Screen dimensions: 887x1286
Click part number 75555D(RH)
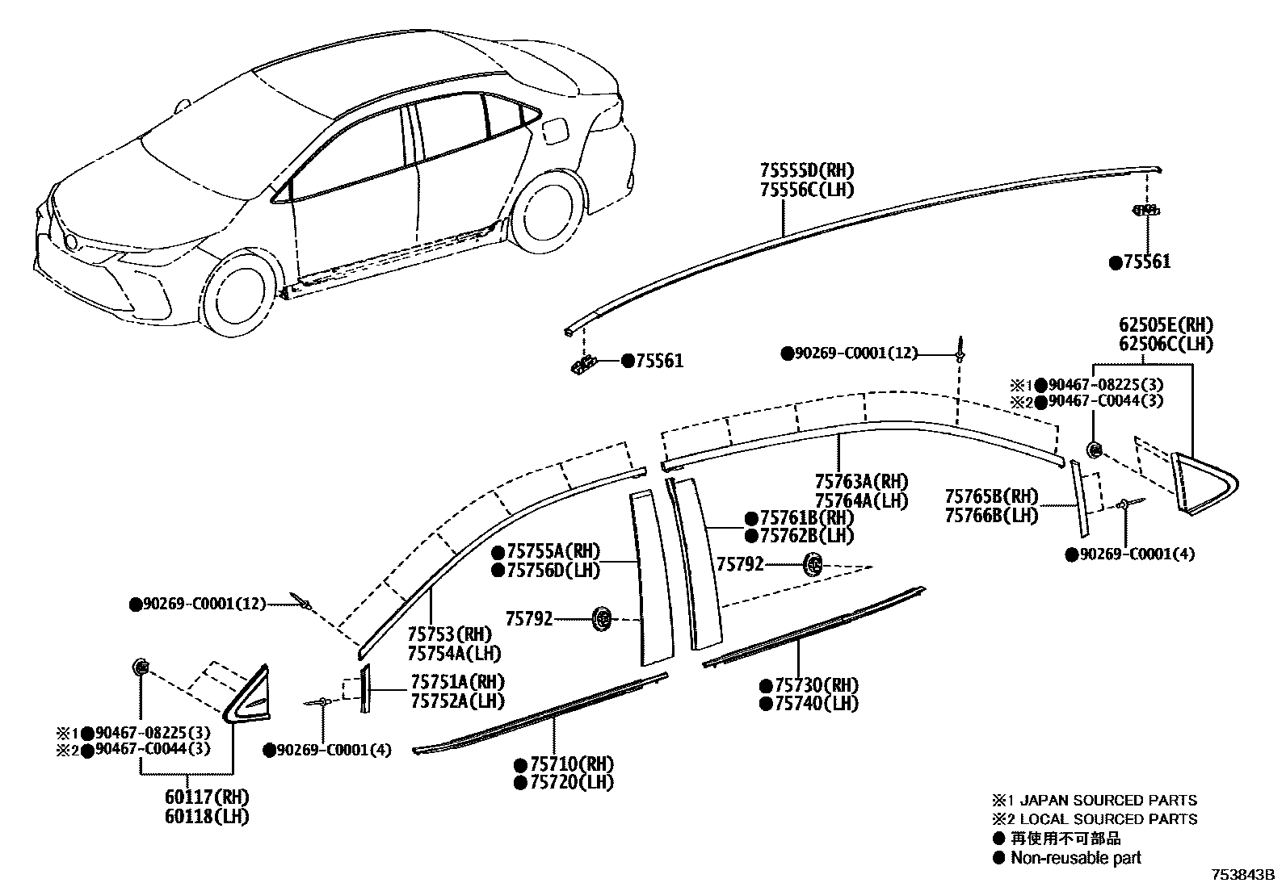coord(806,170)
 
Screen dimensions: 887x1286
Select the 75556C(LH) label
coord(806,190)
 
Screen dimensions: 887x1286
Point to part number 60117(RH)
coord(207,797)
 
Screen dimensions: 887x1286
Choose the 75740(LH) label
coord(815,703)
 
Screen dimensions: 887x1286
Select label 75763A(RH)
coord(861,482)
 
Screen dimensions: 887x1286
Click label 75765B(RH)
coord(991,496)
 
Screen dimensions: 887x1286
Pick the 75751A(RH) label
coord(457,682)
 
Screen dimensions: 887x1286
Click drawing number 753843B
coord(1242,874)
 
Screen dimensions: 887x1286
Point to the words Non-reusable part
coord(1076,857)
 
